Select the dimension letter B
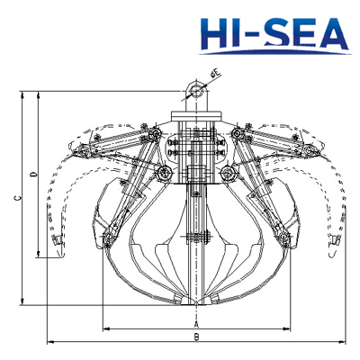[x=195, y=337]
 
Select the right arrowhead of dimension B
[x=342, y=343]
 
